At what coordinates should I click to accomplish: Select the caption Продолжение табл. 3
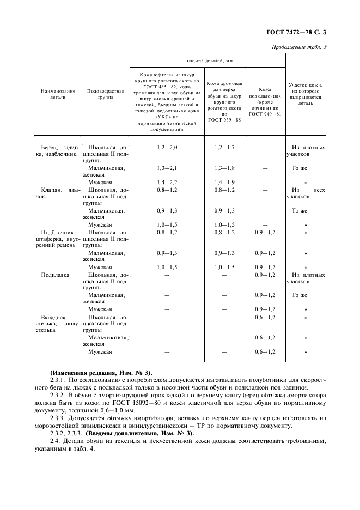click(299, 47)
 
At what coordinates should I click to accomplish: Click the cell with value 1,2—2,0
click(167, 148)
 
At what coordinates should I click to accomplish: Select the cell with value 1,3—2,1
click(167, 168)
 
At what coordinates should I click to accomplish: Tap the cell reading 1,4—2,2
click(167, 182)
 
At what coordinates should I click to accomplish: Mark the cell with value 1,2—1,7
click(224, 148)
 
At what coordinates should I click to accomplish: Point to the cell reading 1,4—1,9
click(224, 182)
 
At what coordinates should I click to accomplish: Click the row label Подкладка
click(55, 275)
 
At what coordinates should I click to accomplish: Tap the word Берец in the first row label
click(51, 148)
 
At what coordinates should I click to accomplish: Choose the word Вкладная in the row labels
click(53, 317)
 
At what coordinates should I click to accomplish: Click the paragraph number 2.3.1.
click(57, 375)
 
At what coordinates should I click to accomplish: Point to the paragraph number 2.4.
click(54, 439)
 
